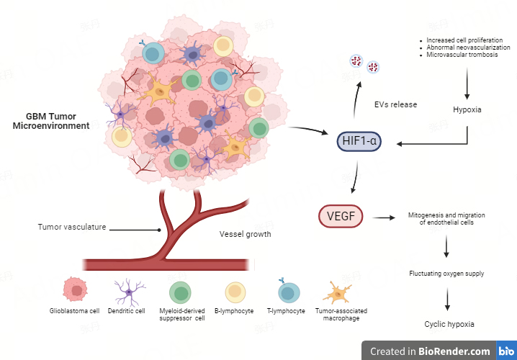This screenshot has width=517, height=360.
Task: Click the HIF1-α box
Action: [x=358, y=142]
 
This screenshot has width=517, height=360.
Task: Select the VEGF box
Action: [x=341, y=215]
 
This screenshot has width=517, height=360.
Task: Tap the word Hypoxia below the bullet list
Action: [x=467, y=109]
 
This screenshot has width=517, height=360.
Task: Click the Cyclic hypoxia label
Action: [x=449, y=324]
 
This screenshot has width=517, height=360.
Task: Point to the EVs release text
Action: [x=395, y=104]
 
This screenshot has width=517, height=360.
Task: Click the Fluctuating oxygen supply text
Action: [x=446, y=274]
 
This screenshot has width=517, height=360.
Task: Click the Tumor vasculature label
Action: [x=72, y=227]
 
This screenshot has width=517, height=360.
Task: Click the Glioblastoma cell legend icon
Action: [x=75, y=291]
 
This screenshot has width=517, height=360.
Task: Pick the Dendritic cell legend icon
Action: [x=130, y=291]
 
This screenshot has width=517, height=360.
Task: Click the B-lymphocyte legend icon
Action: [x=235, y=292]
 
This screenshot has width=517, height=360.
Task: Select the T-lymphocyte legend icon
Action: [x=289, y=291]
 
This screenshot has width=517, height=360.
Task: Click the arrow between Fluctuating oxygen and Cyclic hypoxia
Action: [x=448, y=298]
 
